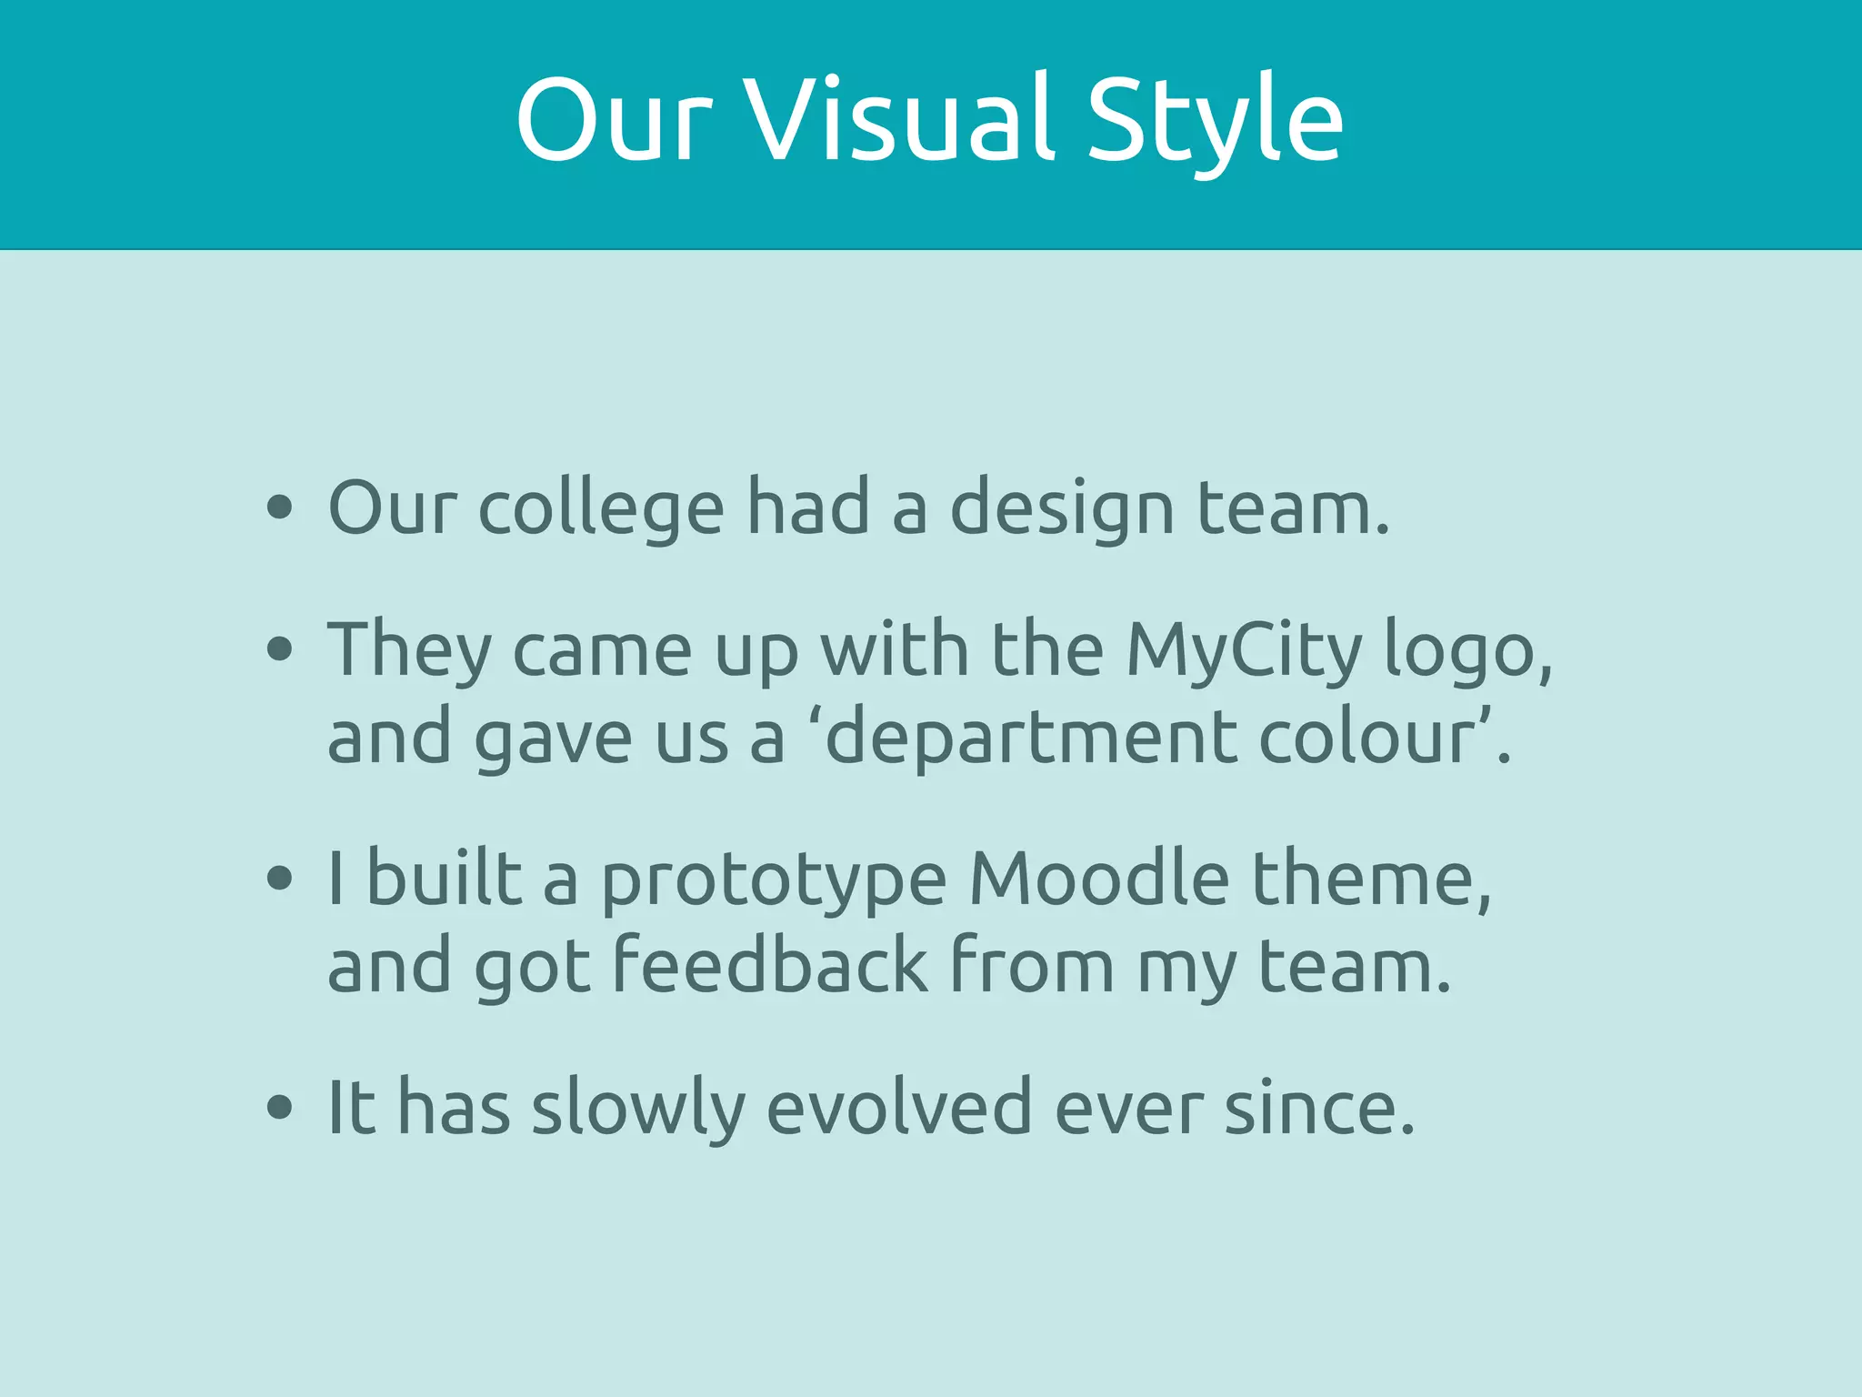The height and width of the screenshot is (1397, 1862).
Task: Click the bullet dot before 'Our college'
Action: pos(280,508)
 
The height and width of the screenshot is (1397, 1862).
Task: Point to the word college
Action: pos(601,509)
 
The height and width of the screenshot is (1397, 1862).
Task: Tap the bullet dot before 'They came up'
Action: pos(280,649)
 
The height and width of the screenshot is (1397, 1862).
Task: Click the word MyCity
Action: pos(1244,651)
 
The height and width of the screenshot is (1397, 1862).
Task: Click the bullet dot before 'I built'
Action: pos(280,879)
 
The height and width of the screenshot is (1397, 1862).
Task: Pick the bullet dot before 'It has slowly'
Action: pos(280,1108)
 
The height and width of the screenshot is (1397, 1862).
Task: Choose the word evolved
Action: pos(899,1108)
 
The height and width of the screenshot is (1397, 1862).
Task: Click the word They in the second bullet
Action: pos(409,651)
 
